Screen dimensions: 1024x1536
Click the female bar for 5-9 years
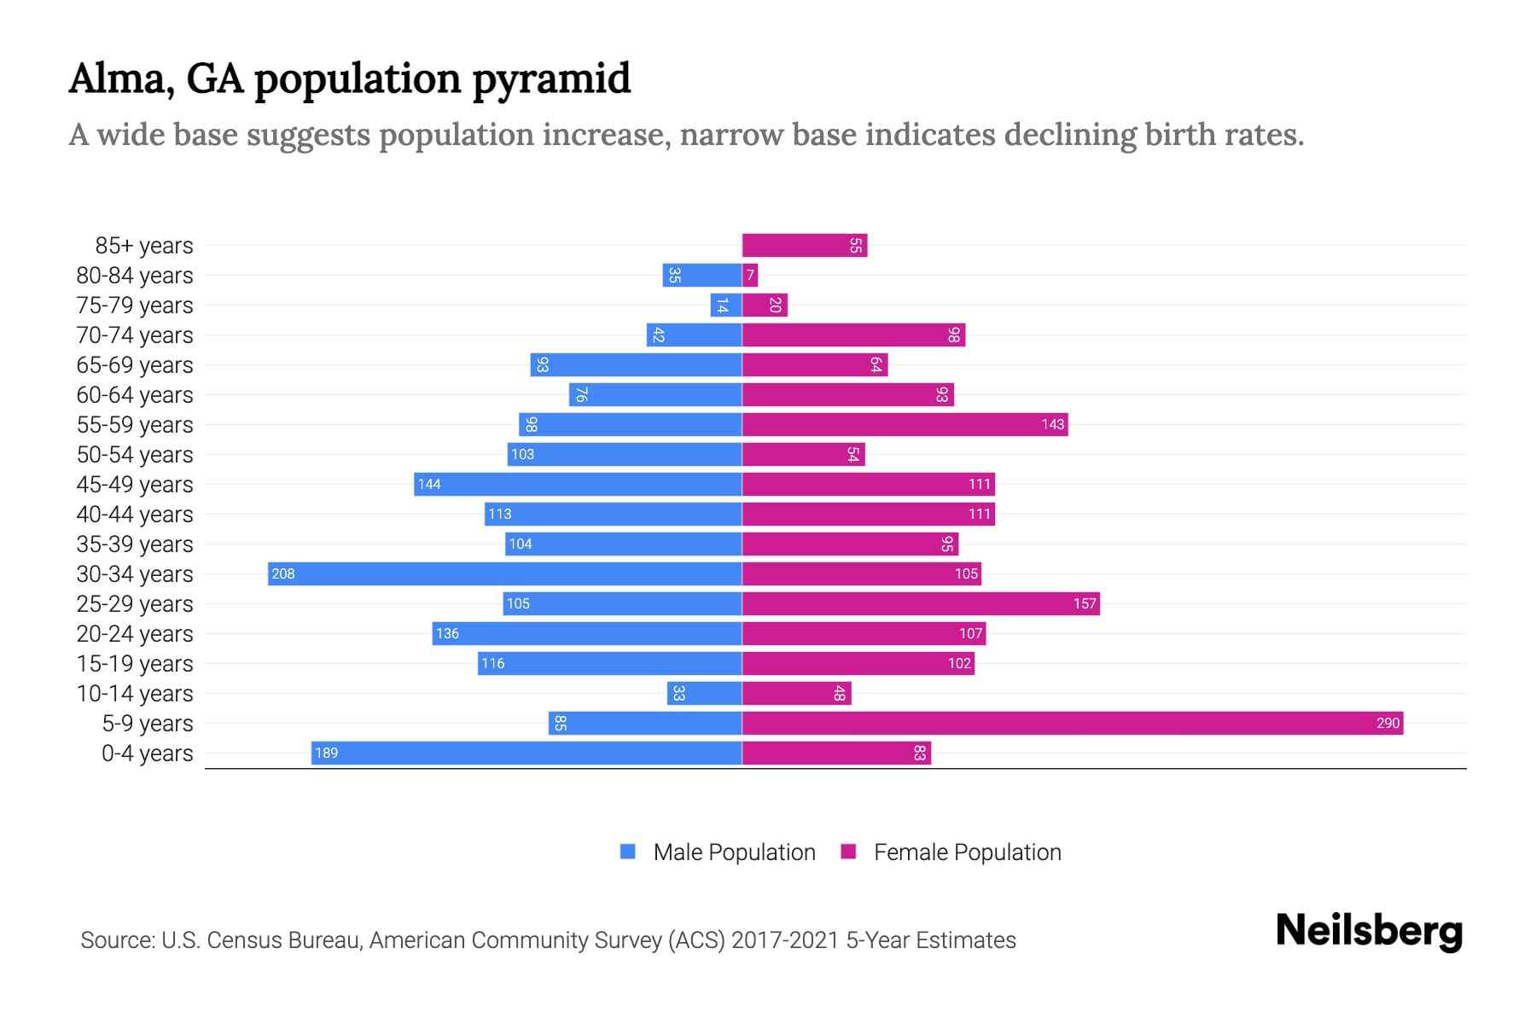1072,724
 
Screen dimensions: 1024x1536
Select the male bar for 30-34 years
504,574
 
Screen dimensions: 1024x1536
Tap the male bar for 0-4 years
527,753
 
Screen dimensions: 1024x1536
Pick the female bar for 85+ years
804,246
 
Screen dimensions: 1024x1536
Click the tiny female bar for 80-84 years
750,276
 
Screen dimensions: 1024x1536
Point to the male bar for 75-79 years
726,305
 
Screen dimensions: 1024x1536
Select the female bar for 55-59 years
905,425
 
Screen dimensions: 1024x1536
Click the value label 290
1388,724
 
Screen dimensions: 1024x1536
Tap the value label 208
283,574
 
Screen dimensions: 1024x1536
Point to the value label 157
1084,604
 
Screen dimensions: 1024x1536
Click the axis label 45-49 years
135,485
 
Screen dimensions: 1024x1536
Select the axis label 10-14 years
135,694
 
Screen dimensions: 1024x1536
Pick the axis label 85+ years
144,246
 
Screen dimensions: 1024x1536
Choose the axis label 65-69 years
135,365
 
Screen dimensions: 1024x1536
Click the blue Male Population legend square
628,852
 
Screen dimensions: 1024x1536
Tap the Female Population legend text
967,852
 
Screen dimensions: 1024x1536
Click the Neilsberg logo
1369,931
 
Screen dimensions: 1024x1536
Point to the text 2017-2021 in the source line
785,940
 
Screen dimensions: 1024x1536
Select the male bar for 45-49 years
578,485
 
